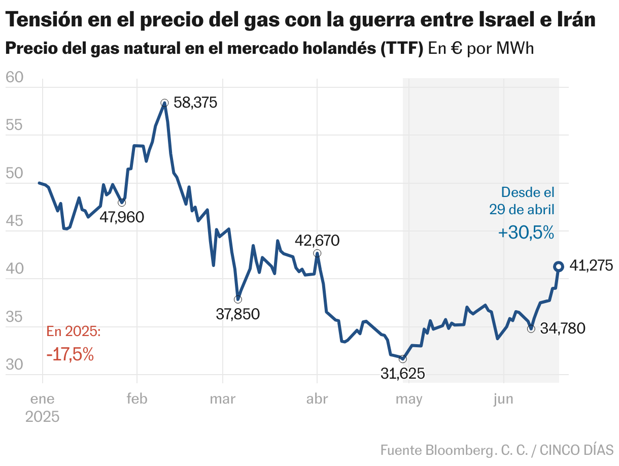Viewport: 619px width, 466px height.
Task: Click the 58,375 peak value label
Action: [x=195, y=103]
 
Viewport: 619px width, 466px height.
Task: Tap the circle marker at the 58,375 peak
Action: [x=164, y=103]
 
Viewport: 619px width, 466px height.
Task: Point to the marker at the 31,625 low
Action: [x=403, y=359]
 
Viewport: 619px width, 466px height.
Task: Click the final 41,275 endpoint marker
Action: [x=558, y=267]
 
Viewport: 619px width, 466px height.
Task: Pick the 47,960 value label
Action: [x=122, y=217]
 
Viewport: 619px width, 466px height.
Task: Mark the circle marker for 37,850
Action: [x=238, y=299]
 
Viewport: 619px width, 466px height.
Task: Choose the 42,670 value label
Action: [x=318, y=241]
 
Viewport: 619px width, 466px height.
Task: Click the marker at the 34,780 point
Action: [x=531, y=329]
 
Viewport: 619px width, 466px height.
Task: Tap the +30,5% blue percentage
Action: [x=526, y=233]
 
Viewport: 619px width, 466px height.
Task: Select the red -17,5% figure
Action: [x=70, y=354]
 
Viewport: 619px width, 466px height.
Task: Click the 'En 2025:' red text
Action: [x=74, y=332]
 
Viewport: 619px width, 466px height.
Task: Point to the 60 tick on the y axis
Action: [x=15, y=78]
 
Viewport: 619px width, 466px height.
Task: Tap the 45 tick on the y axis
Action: [x=15, y=221]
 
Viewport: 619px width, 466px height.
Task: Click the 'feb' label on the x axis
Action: [x=137, y=400]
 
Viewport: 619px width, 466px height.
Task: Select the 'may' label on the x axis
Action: [x=409, y=400]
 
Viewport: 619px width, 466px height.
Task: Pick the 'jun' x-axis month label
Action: [x=503, y=400]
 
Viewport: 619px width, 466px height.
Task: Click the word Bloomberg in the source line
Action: [x=457, y=450]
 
